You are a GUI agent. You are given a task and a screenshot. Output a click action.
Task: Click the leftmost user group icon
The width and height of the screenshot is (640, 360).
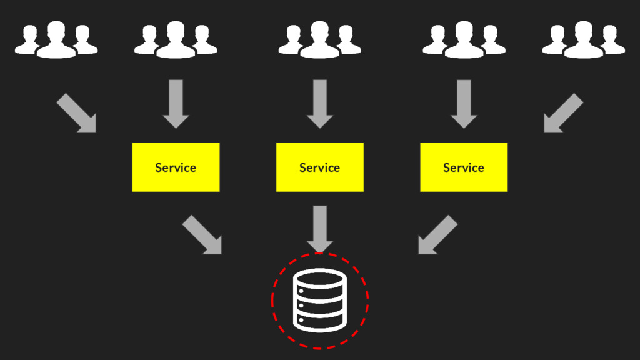click(56, 40)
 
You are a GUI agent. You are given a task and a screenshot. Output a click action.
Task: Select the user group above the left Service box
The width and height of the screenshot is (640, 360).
click(176, 40)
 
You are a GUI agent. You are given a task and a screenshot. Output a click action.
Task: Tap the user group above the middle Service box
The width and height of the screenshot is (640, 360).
click(319, 40)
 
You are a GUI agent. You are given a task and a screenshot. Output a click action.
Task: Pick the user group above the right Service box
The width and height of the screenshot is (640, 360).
click(464, 40)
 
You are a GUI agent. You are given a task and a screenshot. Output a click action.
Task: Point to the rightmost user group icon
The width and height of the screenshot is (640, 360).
click(583, 40)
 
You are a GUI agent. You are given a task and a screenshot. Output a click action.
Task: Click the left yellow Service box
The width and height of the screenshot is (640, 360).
click(176, 167)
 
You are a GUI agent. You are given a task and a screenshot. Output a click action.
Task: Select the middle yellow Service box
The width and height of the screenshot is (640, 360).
click(319, 167)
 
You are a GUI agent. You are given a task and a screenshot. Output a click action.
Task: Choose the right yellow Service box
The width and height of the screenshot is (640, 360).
click(464, 167)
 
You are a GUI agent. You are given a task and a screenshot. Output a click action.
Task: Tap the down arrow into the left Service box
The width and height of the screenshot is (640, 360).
click(176, 104)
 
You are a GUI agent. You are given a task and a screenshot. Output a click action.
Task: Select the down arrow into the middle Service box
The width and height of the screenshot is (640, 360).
click(319, 104)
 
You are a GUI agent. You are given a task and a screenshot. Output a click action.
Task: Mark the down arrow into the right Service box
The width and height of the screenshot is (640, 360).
click(464, 104)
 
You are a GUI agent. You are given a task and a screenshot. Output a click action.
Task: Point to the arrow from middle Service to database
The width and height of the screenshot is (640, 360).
click(319, 229)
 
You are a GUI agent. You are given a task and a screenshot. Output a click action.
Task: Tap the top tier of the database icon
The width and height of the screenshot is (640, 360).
click(319, 282)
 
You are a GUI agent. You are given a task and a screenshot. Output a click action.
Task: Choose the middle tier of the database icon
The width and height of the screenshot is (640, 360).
click(319, 302)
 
